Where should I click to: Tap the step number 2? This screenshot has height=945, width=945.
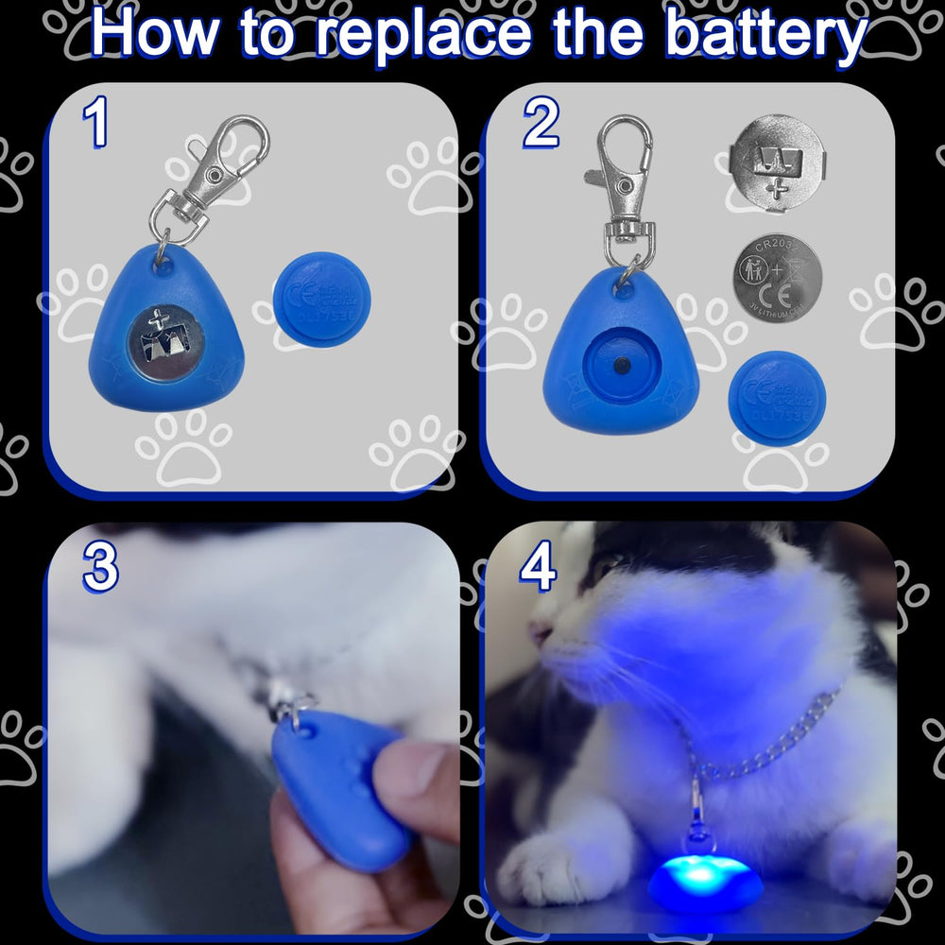541,126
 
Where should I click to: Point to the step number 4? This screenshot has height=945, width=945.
538,569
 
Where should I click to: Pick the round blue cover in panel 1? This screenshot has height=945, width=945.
321,299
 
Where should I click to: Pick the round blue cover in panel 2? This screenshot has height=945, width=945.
777,398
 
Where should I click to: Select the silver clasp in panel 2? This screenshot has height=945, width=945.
625,189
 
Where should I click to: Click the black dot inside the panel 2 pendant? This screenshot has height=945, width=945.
621,364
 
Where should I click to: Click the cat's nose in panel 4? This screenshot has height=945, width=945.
541,632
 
